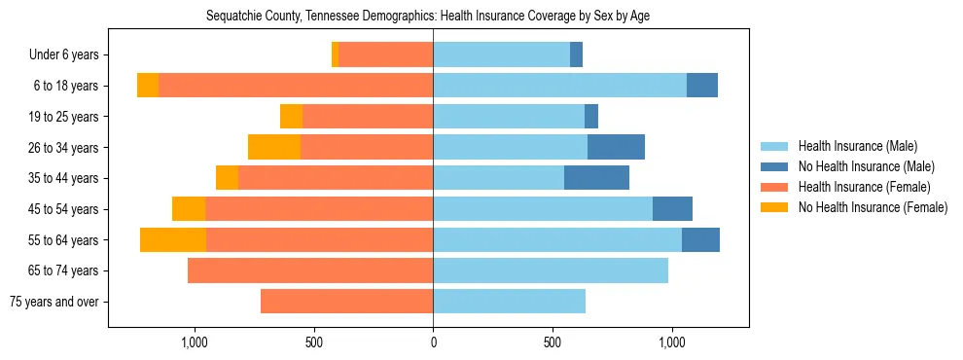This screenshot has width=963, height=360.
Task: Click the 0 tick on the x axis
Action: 433,342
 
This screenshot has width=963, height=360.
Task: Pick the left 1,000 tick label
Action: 194,342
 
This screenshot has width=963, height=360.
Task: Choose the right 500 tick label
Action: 553,342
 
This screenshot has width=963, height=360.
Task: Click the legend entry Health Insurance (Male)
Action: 857,146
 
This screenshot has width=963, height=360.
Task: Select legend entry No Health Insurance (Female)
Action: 873,207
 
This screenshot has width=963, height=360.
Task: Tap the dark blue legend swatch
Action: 775,166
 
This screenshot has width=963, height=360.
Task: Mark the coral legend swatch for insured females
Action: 775,187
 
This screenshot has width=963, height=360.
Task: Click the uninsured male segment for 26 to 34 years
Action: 616,147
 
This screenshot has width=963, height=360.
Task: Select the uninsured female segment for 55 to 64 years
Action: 173,239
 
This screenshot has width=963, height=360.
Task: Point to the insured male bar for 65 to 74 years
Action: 551,270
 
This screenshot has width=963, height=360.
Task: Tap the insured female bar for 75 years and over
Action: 346,302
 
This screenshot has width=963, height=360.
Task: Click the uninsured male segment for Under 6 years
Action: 576,55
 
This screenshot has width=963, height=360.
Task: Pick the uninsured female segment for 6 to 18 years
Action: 148,86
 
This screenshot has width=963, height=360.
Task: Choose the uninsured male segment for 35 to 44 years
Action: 596,178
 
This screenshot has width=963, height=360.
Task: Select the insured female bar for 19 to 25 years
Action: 368,117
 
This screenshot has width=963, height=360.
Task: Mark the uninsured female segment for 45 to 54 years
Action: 189,209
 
